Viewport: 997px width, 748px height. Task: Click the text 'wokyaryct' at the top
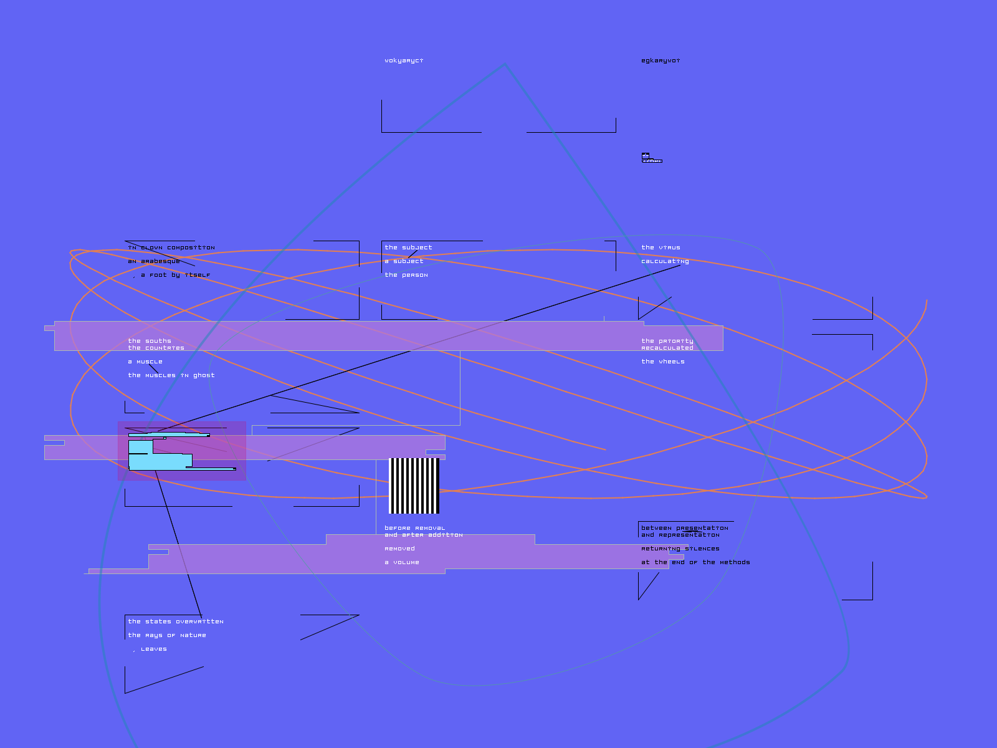click(404, 60)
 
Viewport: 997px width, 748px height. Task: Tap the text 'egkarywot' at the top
click(661, 60)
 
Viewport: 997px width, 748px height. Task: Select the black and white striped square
click(414, 486)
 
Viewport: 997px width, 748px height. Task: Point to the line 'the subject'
click(408, 247)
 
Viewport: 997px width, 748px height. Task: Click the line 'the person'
click(406, 275)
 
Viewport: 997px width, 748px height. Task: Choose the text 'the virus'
click(661, 247)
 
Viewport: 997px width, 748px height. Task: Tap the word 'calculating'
click(665, 261)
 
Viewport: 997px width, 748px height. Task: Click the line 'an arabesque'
click(154, 261)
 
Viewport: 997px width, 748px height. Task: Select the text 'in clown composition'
click(171, 247)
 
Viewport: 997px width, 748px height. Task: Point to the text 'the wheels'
click(663, 362)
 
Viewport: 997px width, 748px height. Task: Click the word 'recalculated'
click(667, 348)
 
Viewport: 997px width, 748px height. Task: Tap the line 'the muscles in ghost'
click(171, 375)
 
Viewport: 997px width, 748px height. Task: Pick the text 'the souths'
click(150, 341)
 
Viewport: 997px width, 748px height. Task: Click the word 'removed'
click(399, 549)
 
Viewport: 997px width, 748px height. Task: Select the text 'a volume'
click(402, 562)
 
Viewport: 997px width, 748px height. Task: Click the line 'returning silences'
click(680, 549)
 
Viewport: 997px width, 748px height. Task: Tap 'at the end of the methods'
click(695, 562)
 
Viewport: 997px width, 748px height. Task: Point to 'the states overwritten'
click(176, 621)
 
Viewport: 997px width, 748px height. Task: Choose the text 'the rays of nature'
click(167, 635)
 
